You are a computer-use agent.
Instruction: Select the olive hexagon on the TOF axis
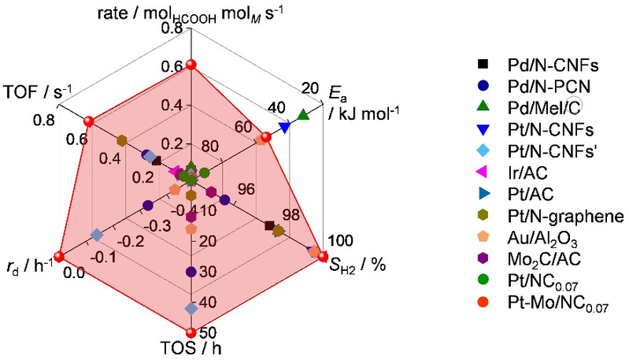[x=122, y=141]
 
